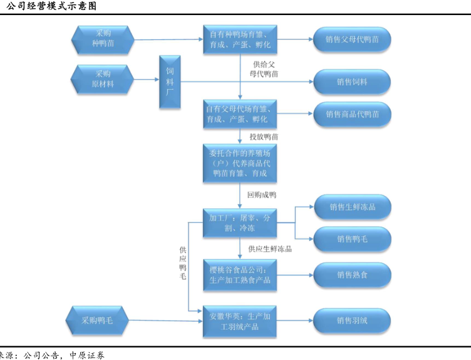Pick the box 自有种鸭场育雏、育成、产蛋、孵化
pyautogui.click(x=241, y=39)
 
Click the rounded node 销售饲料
pyautogui.click(x=352, y=81)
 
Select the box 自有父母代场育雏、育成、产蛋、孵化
pyautogui.click(x=241, y=113)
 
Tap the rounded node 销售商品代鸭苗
pyautogui.click(x=352, y=114)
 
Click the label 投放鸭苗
pyautogui.click(x=264, y=136)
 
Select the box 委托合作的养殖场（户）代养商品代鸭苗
pyautogui.click(x=241, y=163)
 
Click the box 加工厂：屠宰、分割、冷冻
pyautogui.click(x=241, y=222)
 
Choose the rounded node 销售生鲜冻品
pyautogui.click(x=352, y=207)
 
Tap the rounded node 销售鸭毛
pyautogui.click(x=352, y=239)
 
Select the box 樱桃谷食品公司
pyautogui.click(x=241, y=274)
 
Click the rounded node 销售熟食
pyautogui.click(x=352, y=274)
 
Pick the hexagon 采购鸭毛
pyautogui.click(x=97, y=320)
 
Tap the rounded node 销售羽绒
pyautogui.click(x=352, y=320)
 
